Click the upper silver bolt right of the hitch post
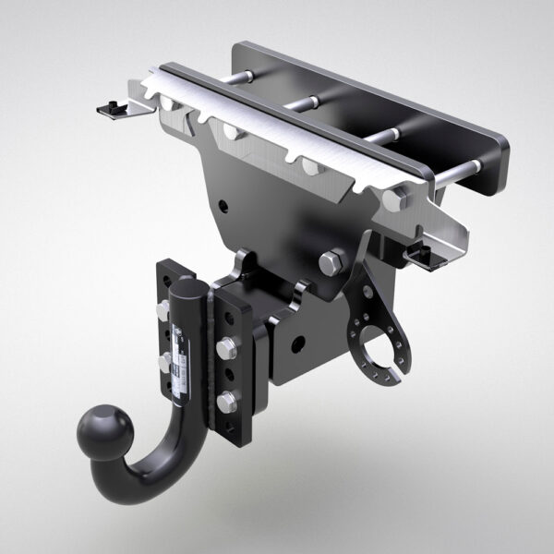(x=225, y=347)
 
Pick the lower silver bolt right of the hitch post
(x=226, y=401)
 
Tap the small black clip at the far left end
(x=113, y=108)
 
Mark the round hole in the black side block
(x=298, y=343)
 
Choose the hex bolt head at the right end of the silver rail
(x=399, y=198)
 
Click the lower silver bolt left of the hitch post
(x=164, y=362)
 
